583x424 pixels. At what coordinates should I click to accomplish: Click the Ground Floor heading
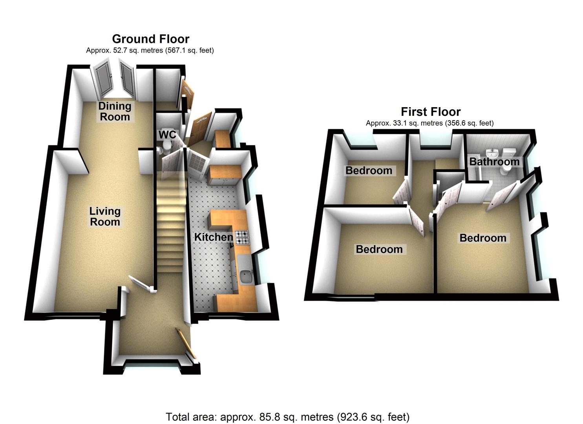pos(150,39)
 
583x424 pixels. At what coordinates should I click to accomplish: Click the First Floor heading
pos(430,111)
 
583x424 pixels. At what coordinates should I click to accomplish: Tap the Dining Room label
pos(115,111)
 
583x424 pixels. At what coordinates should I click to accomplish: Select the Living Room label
pos(105,216)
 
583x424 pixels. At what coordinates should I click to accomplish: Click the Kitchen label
pos(214,237)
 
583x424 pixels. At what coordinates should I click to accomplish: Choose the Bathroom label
pos(494,161)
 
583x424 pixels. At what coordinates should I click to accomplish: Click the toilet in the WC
pos(166,146)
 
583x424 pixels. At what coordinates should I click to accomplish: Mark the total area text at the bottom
pos(287,417)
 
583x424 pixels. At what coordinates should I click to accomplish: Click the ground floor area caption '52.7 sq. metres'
pos(150,50)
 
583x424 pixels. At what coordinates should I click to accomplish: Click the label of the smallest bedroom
pos(368,170)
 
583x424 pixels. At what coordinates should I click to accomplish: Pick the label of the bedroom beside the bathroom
pos(482,238)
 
